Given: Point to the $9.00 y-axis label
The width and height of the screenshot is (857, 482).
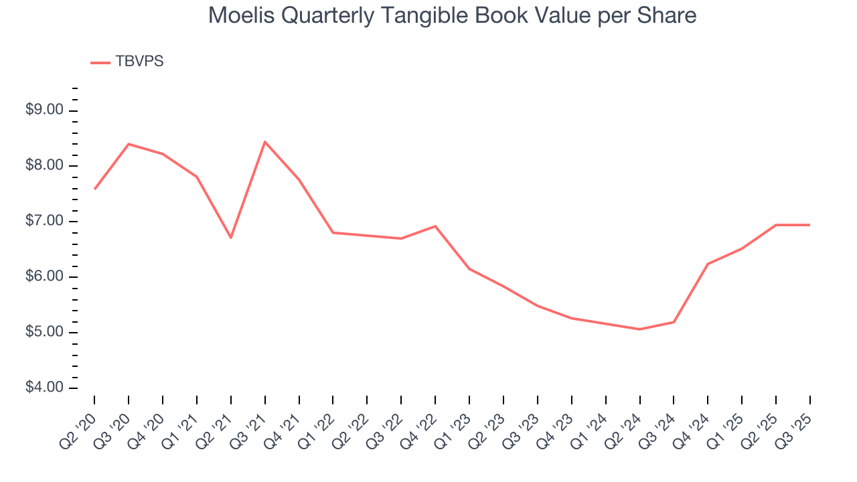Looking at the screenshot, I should click(44, 110).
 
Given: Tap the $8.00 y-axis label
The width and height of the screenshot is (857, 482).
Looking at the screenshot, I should click(44, 166).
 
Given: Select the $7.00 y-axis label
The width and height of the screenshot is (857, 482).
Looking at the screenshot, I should click(44, 222).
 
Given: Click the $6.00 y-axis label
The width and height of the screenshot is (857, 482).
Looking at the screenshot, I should click(44, 277).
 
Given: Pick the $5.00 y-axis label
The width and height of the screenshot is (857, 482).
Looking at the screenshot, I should click(44, 333).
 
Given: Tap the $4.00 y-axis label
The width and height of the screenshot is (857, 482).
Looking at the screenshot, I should click(44, 388).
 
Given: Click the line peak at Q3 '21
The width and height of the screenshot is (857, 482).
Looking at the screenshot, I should click(265, 142).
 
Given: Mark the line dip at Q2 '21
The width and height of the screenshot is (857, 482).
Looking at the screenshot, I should click(231, 238).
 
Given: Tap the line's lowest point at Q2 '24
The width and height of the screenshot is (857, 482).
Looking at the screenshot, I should click(640, 329).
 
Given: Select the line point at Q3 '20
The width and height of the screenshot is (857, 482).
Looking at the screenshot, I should click(129, 144).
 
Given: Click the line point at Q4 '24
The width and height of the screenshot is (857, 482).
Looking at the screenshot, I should click(708, 264).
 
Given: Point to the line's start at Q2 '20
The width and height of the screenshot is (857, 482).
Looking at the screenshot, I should click(94, 189).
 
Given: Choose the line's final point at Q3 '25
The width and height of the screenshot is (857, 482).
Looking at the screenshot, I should click(810, 225).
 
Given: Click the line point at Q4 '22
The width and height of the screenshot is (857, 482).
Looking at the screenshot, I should click(435, 226).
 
